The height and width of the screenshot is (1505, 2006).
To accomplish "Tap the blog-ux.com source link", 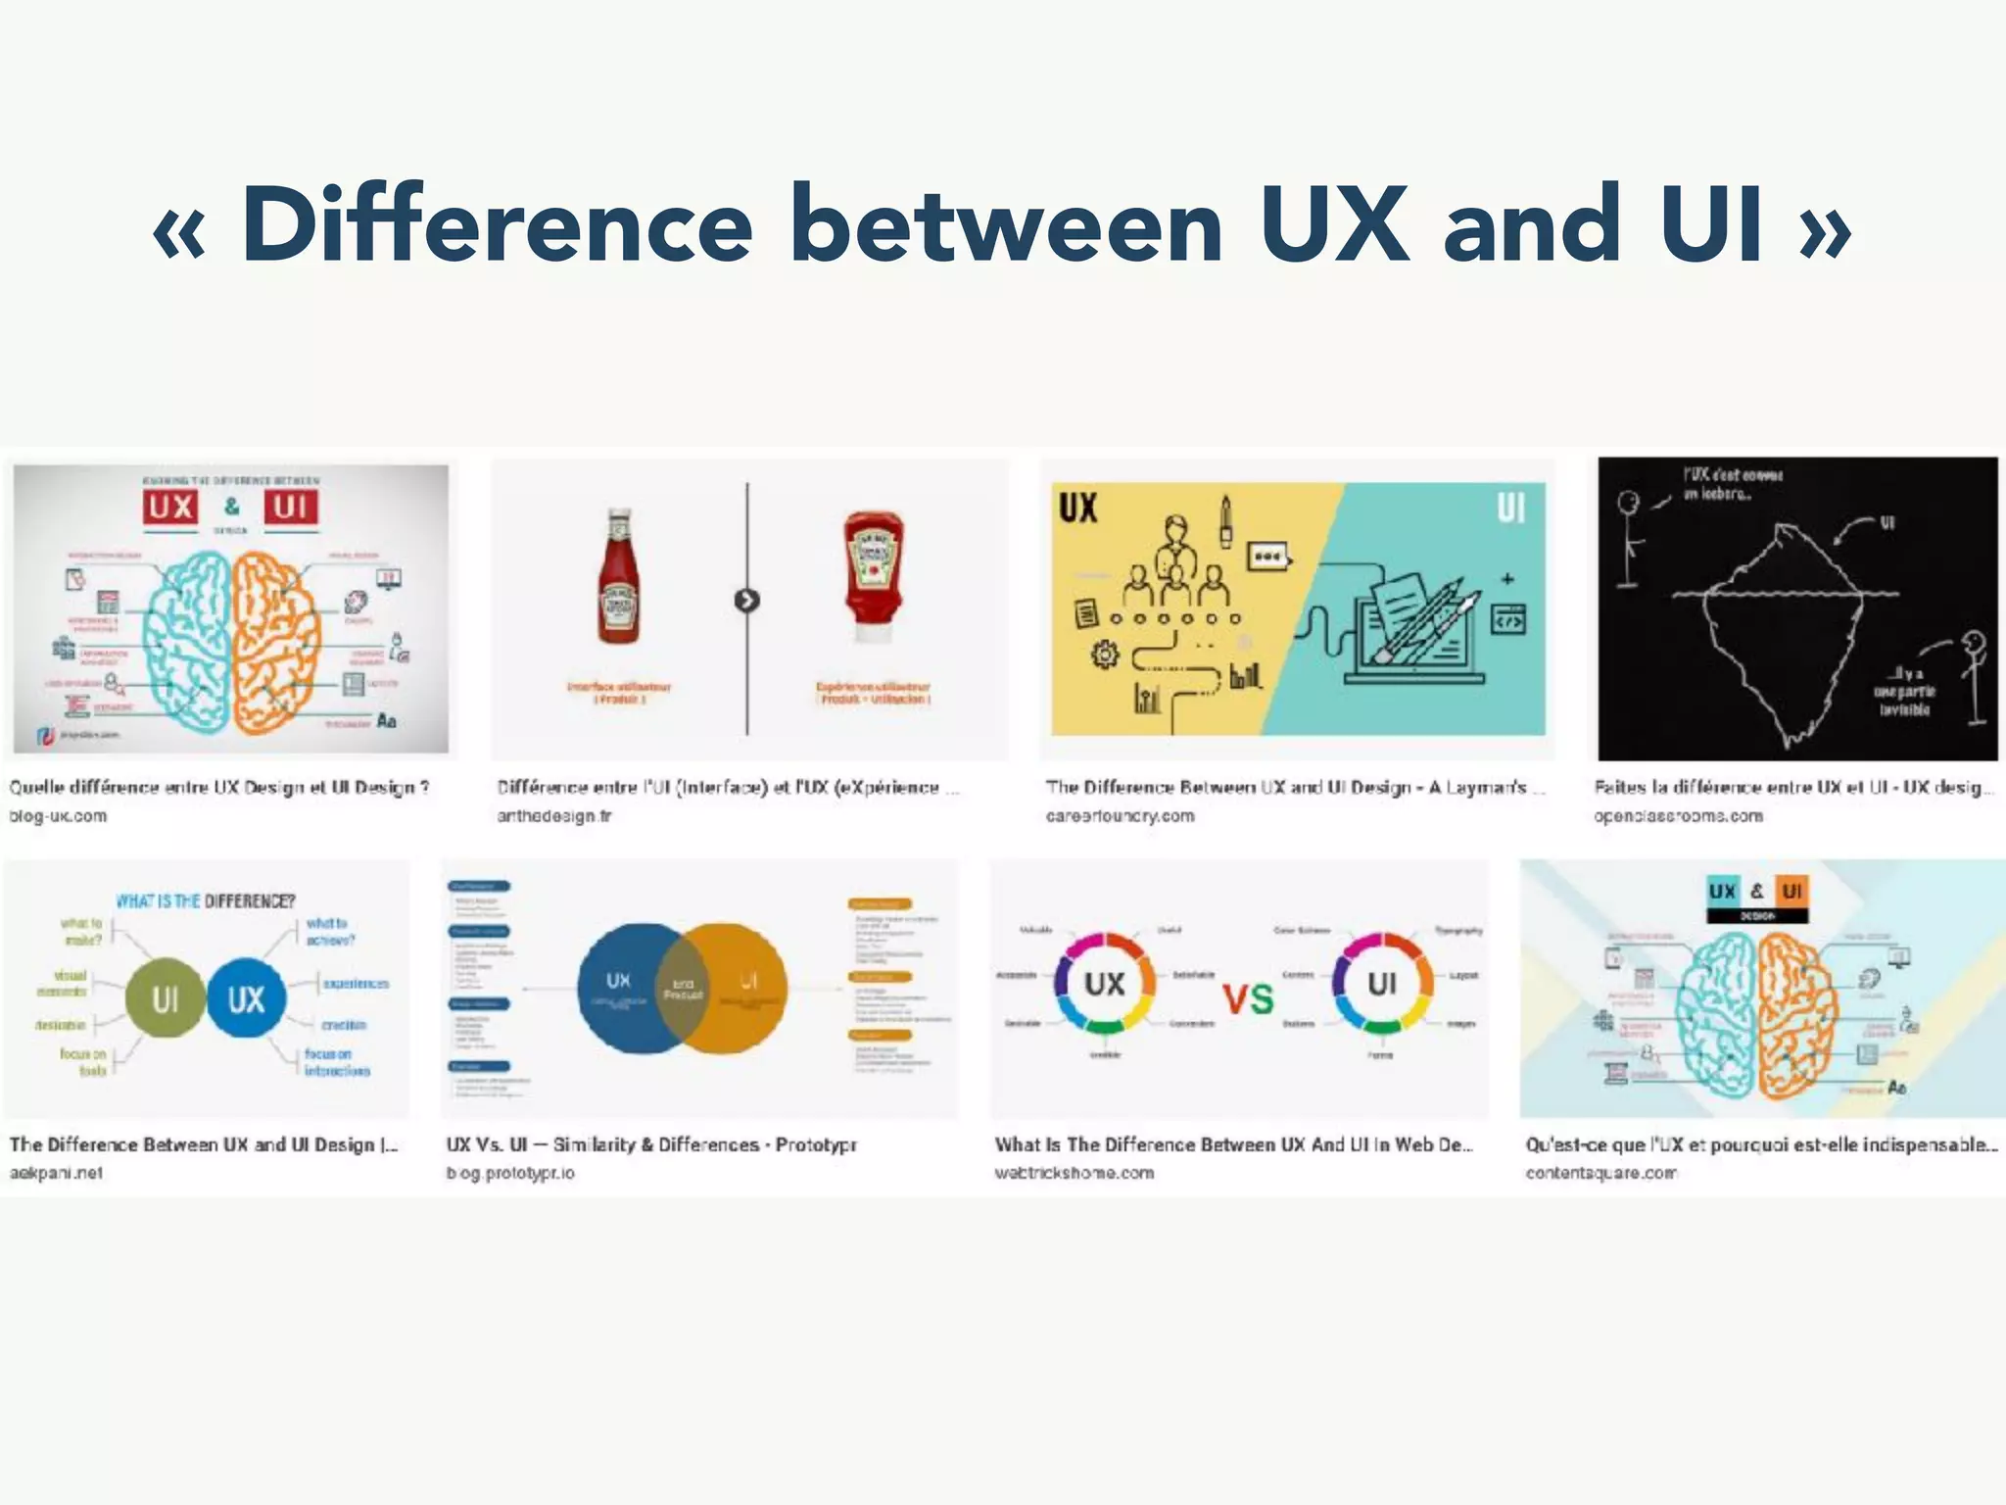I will (58, 816).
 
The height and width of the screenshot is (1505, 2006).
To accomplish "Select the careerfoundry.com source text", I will (1120, 816).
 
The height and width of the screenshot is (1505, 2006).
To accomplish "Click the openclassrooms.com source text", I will (1678, 816).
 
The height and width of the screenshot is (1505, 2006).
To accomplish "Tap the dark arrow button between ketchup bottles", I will (746, 601).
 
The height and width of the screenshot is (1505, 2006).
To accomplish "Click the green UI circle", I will (166, 998).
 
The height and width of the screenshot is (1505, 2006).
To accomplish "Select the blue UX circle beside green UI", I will (246, 998).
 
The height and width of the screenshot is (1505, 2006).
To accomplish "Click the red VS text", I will (1248, 999).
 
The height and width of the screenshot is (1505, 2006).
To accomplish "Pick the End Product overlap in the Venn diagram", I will (683, 989).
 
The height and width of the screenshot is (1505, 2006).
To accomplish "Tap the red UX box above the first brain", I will (171, 507).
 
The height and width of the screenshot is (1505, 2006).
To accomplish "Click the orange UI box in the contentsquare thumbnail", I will (1791, 891).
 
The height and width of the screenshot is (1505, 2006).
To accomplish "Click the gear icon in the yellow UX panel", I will (1104, 655).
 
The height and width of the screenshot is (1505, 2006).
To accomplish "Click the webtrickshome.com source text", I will (1074, 1173).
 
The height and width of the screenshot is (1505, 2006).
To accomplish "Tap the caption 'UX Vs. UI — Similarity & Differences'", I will (651, 1144).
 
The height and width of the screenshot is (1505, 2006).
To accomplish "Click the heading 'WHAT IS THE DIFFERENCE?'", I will (205, 901).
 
